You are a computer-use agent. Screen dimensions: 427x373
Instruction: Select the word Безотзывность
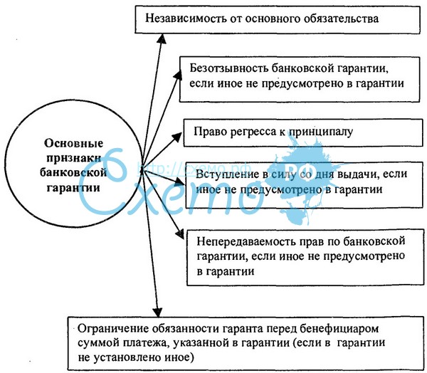(228, 68)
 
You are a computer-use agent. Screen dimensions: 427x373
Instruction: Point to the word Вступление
(228, 174)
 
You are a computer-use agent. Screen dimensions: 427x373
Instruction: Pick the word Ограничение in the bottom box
(113, 329)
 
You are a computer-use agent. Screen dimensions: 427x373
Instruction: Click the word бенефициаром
(339, 329)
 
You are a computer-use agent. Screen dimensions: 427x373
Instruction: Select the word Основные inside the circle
(74, 143)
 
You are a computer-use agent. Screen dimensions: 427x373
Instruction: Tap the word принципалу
(320, 132)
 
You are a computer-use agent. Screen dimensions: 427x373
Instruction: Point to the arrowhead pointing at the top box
(162, 38)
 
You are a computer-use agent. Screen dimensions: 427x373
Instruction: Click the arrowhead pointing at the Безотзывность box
(178, 75)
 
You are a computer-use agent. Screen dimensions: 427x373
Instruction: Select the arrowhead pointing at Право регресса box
(177, 137)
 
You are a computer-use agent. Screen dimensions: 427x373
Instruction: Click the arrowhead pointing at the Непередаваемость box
(180, 233)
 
